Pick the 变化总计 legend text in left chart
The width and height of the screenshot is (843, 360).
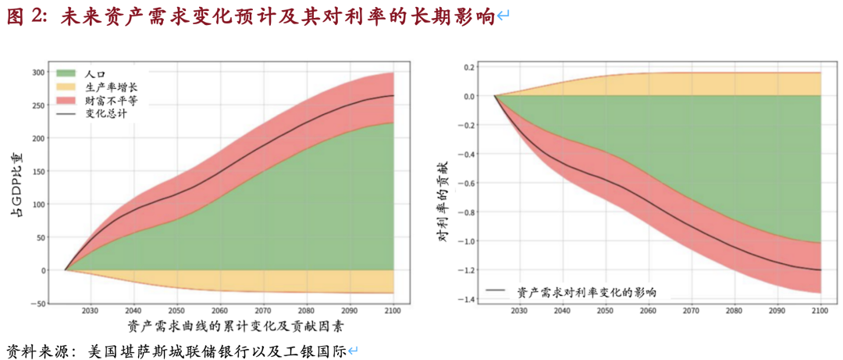point(106,113)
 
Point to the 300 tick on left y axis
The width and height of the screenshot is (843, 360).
point(38,73)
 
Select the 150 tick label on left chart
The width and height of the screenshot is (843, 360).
point(38,172)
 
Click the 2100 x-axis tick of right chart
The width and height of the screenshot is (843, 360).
point(820,310)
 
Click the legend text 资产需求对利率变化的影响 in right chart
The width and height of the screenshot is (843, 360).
point(586,292)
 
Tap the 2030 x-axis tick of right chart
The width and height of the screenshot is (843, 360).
point(518,310)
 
